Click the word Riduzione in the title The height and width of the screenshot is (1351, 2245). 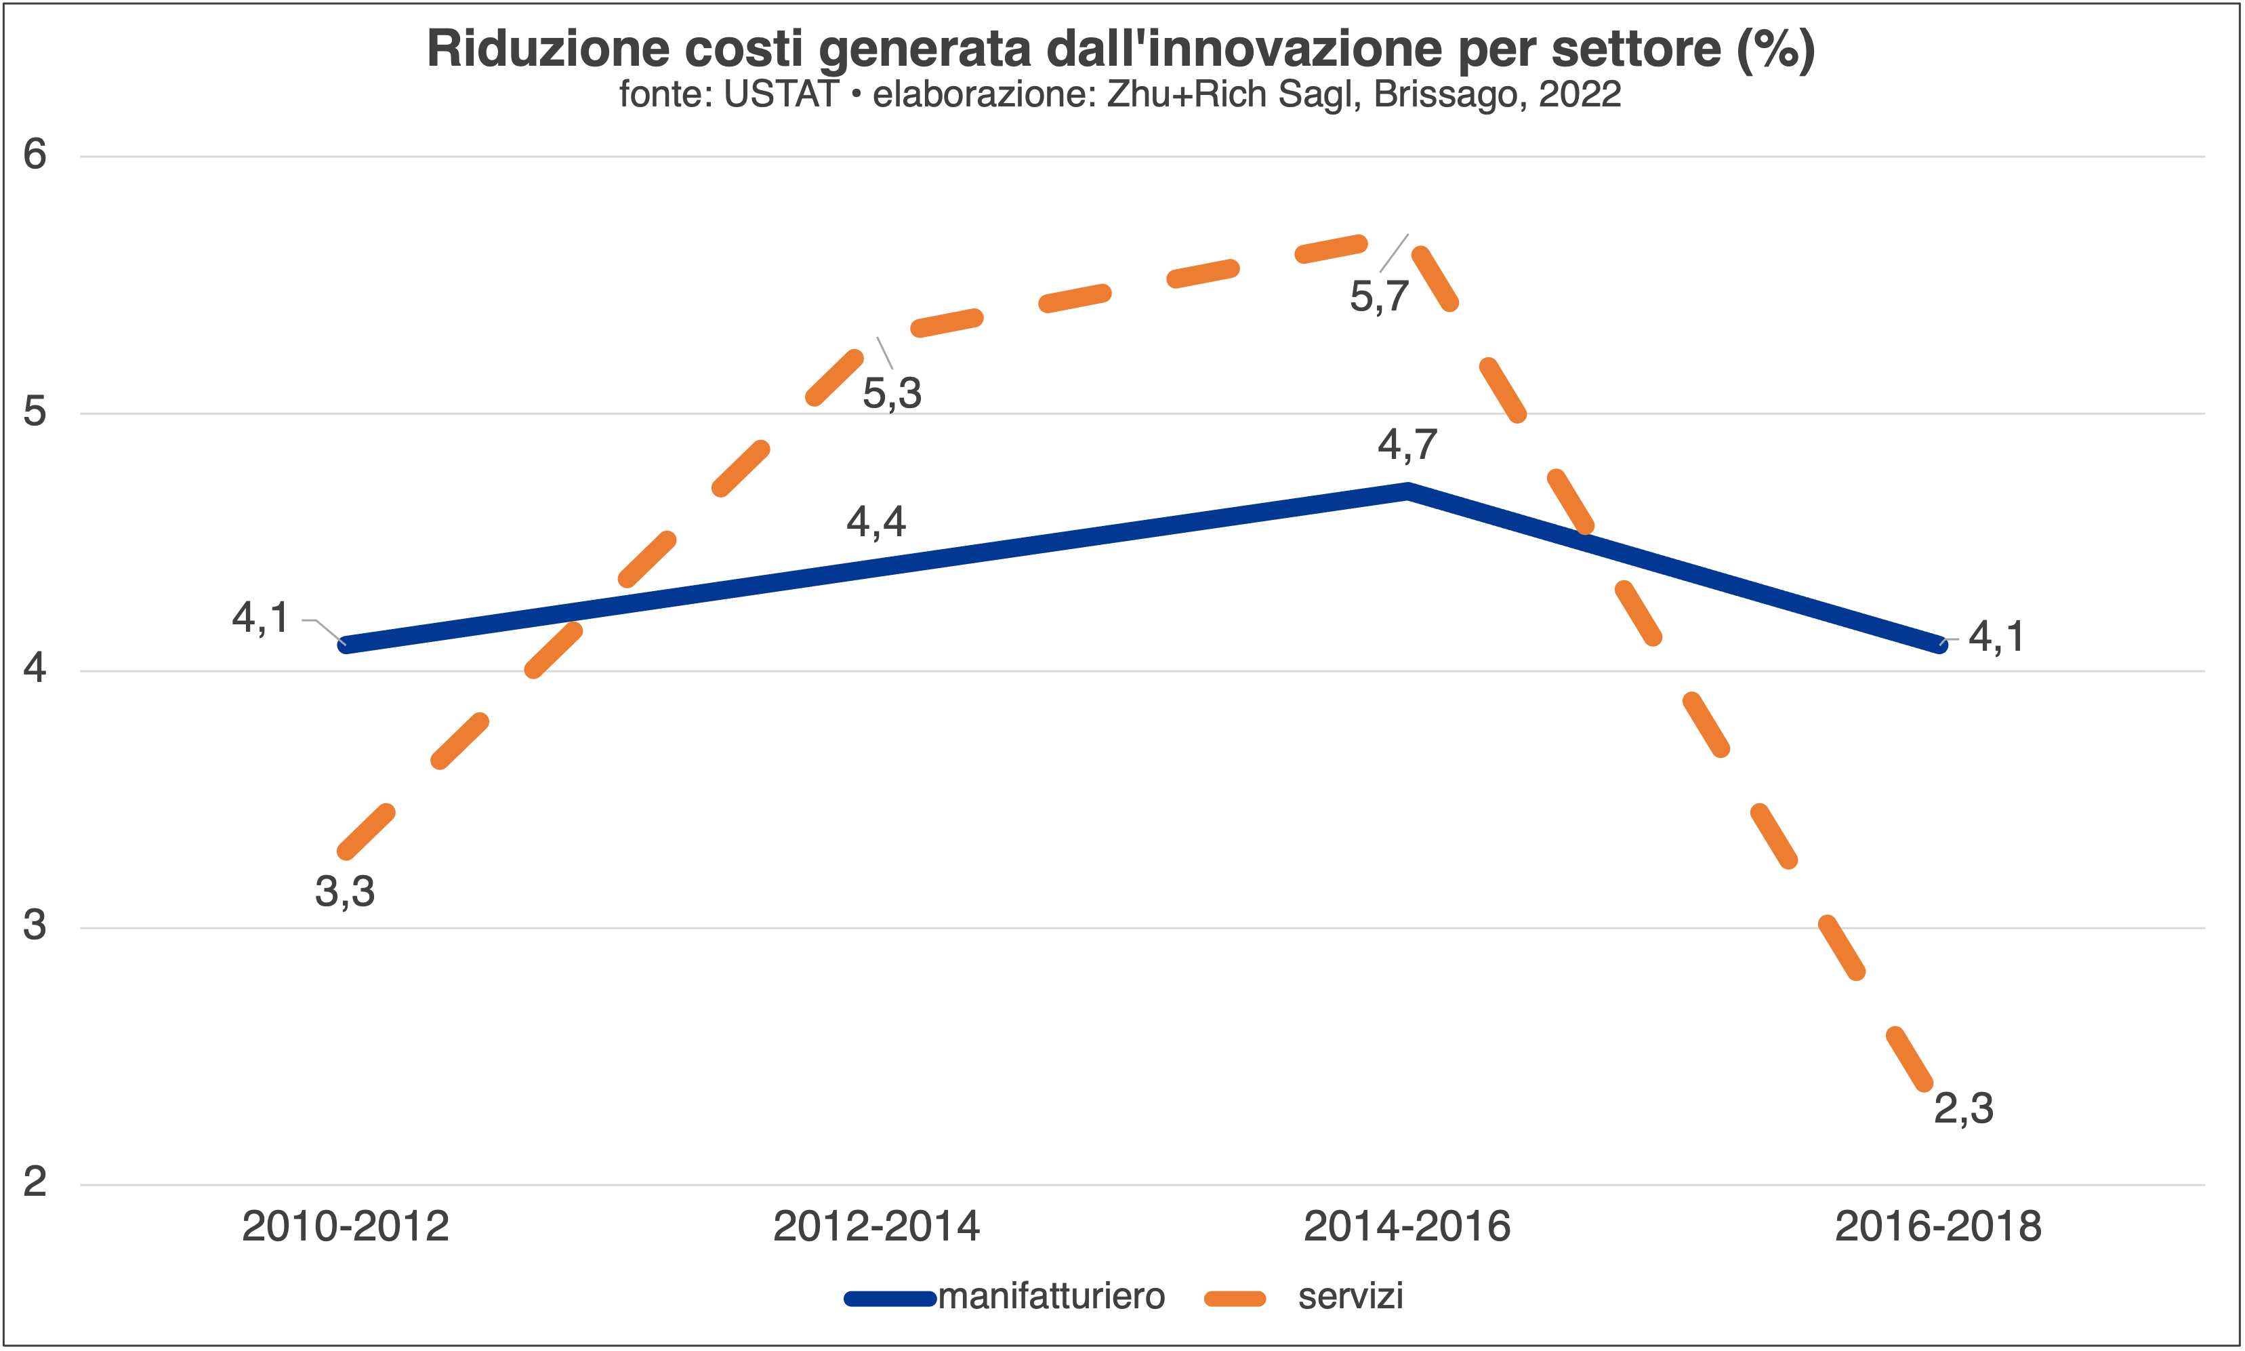548,49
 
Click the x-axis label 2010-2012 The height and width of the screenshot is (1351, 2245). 345,1227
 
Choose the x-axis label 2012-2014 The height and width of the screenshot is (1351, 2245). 876,1227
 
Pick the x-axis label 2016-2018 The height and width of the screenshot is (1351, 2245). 1938,1227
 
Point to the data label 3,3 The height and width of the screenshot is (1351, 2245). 345,892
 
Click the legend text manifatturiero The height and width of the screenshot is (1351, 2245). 1051,1296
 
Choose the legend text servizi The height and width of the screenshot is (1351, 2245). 1351,1296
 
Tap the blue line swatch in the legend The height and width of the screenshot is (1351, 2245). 890,1299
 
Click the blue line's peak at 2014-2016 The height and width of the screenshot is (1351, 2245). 1408,491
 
